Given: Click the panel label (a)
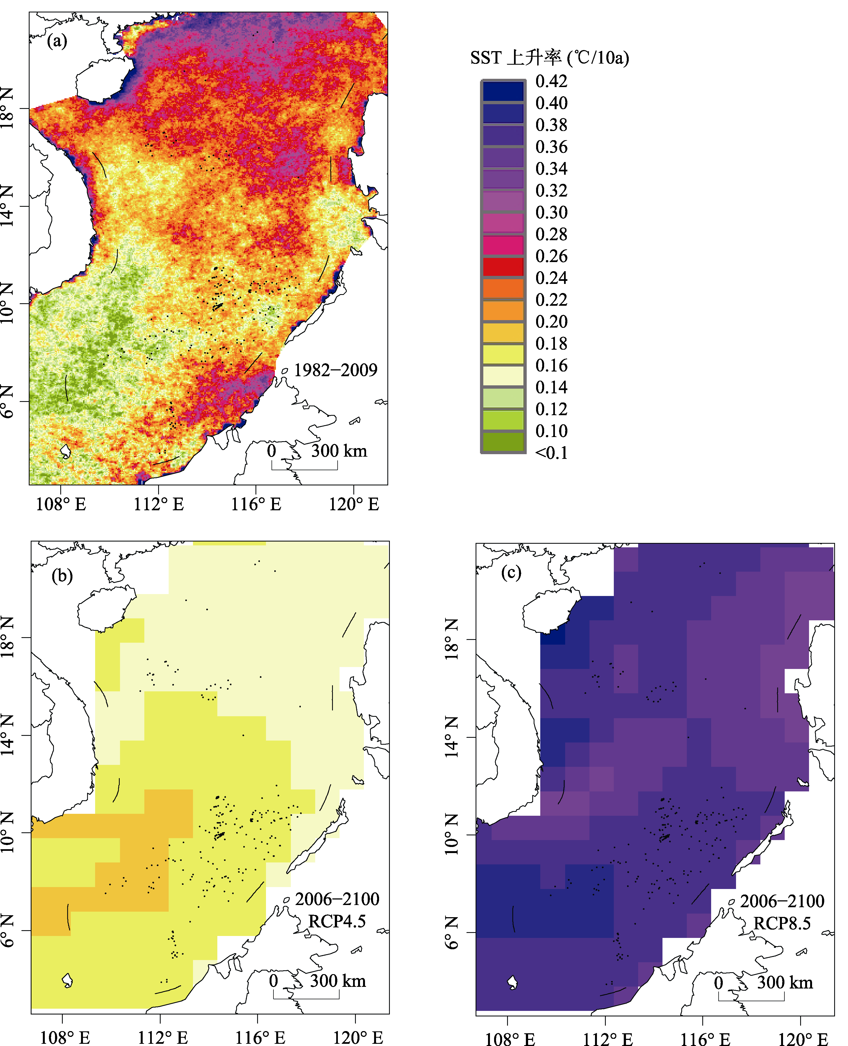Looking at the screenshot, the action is (x=57, y=41).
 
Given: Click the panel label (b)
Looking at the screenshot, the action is (x=62, y=576).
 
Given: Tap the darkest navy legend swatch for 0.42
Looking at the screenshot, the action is (x=503, y=91).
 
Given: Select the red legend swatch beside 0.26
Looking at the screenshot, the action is (x=503, y=267).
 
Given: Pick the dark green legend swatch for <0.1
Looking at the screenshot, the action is (x=503, y=441).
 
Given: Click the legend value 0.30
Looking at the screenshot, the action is (x=552, y=212).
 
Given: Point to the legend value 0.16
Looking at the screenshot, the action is (x=552, y=365).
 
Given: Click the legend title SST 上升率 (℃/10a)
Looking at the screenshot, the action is (x=550, y=57).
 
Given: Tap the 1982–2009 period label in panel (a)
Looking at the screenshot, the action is (x=336, y=370).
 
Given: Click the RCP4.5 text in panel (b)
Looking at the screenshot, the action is (x=337, y=921).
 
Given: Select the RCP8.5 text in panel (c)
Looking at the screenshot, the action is (x=782, y=923).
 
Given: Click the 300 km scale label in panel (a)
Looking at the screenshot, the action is (x=339, y=451).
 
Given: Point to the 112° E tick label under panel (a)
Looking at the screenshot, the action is (x=159, y=504).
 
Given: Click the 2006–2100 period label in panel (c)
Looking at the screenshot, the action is (x=782, y=901).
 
